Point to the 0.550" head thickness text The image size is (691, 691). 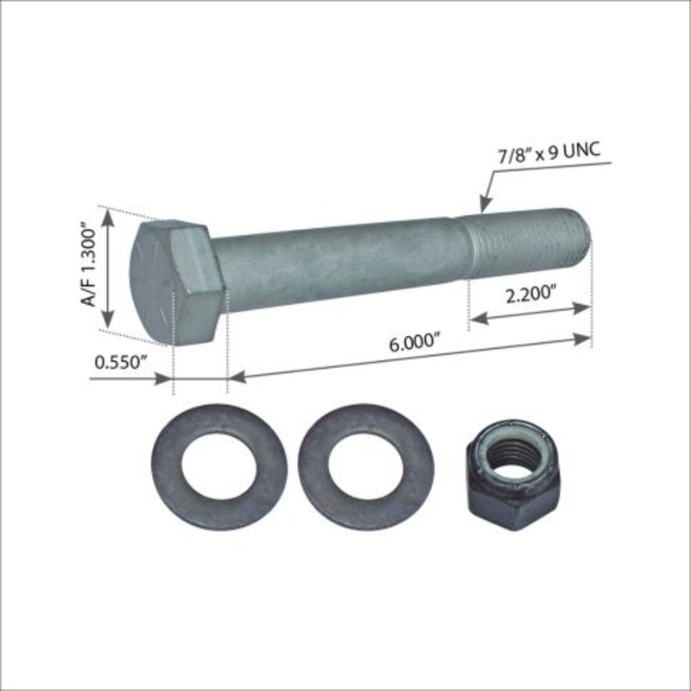click(118, 363)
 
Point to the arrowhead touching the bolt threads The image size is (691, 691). click(484, 207)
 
